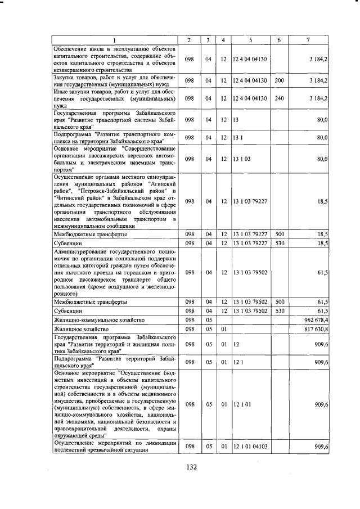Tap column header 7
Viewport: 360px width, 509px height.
[308, 39]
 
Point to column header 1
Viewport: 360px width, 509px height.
[115, 39]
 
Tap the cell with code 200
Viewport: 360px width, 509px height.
[278, 80]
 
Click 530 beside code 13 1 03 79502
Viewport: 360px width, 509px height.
[278, 310]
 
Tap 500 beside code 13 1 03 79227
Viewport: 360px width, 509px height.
[278, 233]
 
